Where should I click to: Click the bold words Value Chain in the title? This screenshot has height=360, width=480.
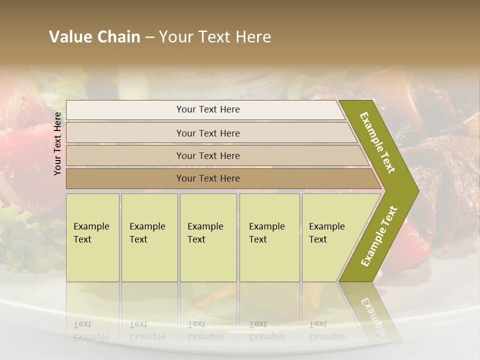(x=94, y=37)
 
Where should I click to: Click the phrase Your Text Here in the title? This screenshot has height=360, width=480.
(x=215, y=37)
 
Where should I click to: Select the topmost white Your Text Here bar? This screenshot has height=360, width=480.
(x=207, y=109)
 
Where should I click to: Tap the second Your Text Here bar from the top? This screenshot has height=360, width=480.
(x=207, y=133)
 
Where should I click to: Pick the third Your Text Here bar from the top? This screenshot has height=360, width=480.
(x=207, y=155)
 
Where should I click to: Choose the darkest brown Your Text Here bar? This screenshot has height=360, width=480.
(x=207, y=178)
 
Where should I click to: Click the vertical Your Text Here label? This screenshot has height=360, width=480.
(x=57, y=143)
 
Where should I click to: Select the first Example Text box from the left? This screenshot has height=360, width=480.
(x=92, y=237)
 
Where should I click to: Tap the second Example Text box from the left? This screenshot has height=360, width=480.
(x=149, y=237)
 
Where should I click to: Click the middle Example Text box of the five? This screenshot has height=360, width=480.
(x=208, y=237)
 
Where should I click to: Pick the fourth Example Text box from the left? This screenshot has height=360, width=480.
(x=269, y=237)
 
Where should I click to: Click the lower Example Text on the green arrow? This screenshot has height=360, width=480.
(x=379, y=236)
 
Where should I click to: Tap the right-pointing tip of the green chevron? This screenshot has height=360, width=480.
(x=417, y=190)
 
